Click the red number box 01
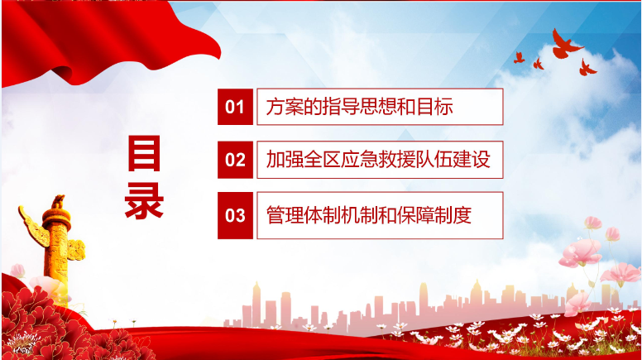point(235,107)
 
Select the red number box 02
point(235,160)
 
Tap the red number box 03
point(235,215)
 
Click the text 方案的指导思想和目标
point(360,107)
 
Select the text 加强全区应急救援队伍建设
point(378,160)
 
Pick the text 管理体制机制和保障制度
point(369,215)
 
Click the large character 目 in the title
point(144,154)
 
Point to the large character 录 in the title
point(144,200)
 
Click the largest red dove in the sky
point(565,44)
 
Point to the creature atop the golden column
point(58,201)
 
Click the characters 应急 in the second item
point(360,160)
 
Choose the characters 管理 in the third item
point(285,215)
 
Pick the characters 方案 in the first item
point(285,107)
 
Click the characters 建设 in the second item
point(472,160)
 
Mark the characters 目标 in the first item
point(435,107)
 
